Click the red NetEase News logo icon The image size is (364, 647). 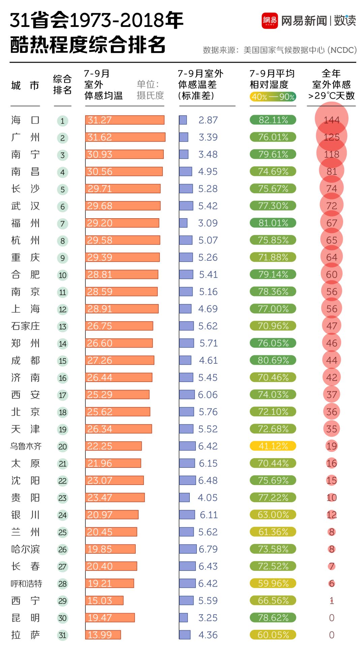(x=270, y=21)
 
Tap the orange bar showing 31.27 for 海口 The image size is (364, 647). (x=125, y=120)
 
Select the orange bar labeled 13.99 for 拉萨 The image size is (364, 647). (x=103, y=635)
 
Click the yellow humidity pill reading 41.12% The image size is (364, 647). (x=273, y=446)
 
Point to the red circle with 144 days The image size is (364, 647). (x=332, y=119)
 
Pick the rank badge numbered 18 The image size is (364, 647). (x=62, y=412)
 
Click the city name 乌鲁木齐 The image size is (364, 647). (x=26, y=446)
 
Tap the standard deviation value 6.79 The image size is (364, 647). (x=208, y=549)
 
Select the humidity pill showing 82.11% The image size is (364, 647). (x=273, y=120)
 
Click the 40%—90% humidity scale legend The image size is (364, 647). (x=273, y=97)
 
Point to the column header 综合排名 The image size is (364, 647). (x=62, y=85)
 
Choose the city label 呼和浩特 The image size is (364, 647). (x=26, y=583)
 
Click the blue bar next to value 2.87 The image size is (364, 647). (x=183, y=120)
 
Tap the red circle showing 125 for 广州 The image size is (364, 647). (x=332, y=137)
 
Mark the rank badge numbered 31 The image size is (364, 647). (x=62, y=635)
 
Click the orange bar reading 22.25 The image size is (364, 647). (x=113, y=446)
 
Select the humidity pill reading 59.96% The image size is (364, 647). (x=273, y=583)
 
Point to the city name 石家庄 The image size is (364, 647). (x=26, y=326)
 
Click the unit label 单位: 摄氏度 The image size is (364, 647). (x=150, y=90)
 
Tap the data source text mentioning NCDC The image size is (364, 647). (x=279, y=50)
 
